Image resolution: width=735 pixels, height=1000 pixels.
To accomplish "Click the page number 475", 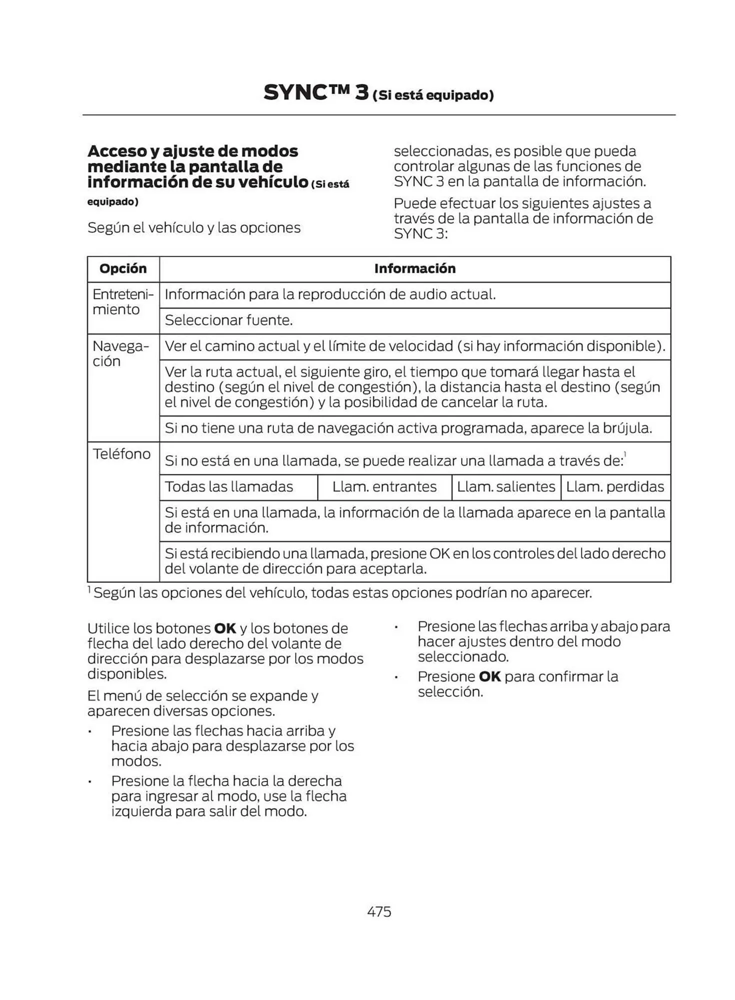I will [x=379, y=911].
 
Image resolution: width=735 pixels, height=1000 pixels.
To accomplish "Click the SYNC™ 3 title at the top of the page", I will [x=316, y=93].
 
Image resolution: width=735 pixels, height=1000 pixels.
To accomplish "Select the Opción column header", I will [x=123, y=268].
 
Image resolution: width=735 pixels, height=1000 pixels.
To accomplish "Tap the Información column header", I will [x=415, y=268].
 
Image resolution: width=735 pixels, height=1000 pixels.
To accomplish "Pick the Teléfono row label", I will [x=121, y=453].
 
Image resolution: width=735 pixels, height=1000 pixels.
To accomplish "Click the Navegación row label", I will [x=120, y=353].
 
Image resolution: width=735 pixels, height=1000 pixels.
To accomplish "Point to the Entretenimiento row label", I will [x=122, y=301].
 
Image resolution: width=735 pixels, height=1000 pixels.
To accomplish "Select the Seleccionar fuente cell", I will [x=228, y=320].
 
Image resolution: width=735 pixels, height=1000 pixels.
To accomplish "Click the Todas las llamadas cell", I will [x=229, y=486].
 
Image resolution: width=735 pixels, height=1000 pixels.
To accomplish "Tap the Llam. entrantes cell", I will [x=384, y=486].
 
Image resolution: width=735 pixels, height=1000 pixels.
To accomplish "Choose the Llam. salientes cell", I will [x=506, y=486].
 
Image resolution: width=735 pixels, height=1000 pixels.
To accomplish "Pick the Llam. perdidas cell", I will [x=615, y=486].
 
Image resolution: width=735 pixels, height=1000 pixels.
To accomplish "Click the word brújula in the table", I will [x=627, y=428].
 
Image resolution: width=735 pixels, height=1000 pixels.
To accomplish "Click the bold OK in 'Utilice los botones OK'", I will [x=225, y=628].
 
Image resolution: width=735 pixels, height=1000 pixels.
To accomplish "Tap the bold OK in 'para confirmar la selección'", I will [x=489, y=676].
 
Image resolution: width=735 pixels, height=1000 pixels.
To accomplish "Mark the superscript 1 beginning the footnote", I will [x=89, y=590].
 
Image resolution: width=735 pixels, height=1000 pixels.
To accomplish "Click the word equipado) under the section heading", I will [x=113, y=201].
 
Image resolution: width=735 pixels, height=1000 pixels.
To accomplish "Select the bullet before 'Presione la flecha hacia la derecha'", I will [x=90, y=781].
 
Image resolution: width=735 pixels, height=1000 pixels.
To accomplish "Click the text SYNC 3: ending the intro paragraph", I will [x=420, y=233].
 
